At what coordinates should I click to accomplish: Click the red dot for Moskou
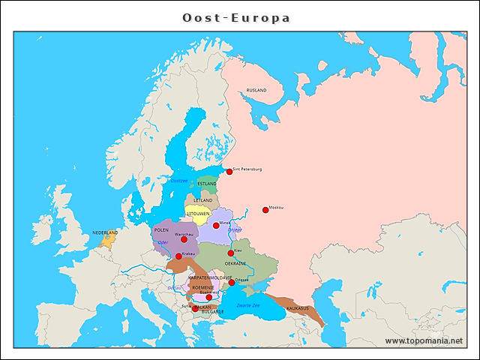point(265,210)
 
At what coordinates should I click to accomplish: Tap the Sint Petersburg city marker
point(229,172)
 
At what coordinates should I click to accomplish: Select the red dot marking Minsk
point(216,225)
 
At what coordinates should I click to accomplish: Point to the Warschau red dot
point(184,239)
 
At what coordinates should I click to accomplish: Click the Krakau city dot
point(178,256)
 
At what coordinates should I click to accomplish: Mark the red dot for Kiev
point(231,253)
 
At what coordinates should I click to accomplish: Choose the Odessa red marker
point(232,283)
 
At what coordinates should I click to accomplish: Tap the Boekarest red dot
point(209,297)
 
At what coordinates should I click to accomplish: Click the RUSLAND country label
point(256,90)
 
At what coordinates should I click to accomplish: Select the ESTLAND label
point(207,184)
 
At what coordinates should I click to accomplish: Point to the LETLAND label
point(203,201)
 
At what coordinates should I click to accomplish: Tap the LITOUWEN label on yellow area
point(198,214)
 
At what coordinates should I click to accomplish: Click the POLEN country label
point(161,230)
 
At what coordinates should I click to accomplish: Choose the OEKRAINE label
point(235,264)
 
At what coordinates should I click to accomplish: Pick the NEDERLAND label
point(105,233)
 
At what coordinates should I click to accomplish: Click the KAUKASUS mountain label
point(298,309)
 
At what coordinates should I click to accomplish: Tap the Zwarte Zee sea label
point(247,305)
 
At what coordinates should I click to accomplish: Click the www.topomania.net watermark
point(424,340)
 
